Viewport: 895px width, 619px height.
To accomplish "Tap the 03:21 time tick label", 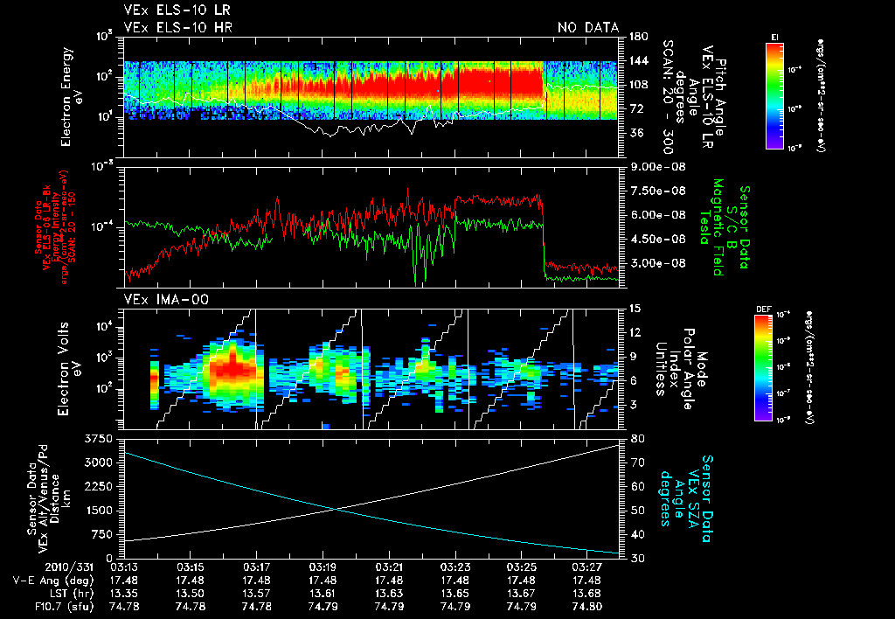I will coord(389,566).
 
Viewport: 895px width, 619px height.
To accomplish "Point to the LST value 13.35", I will coord(123,592).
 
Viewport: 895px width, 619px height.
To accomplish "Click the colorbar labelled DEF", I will coord(774,367).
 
